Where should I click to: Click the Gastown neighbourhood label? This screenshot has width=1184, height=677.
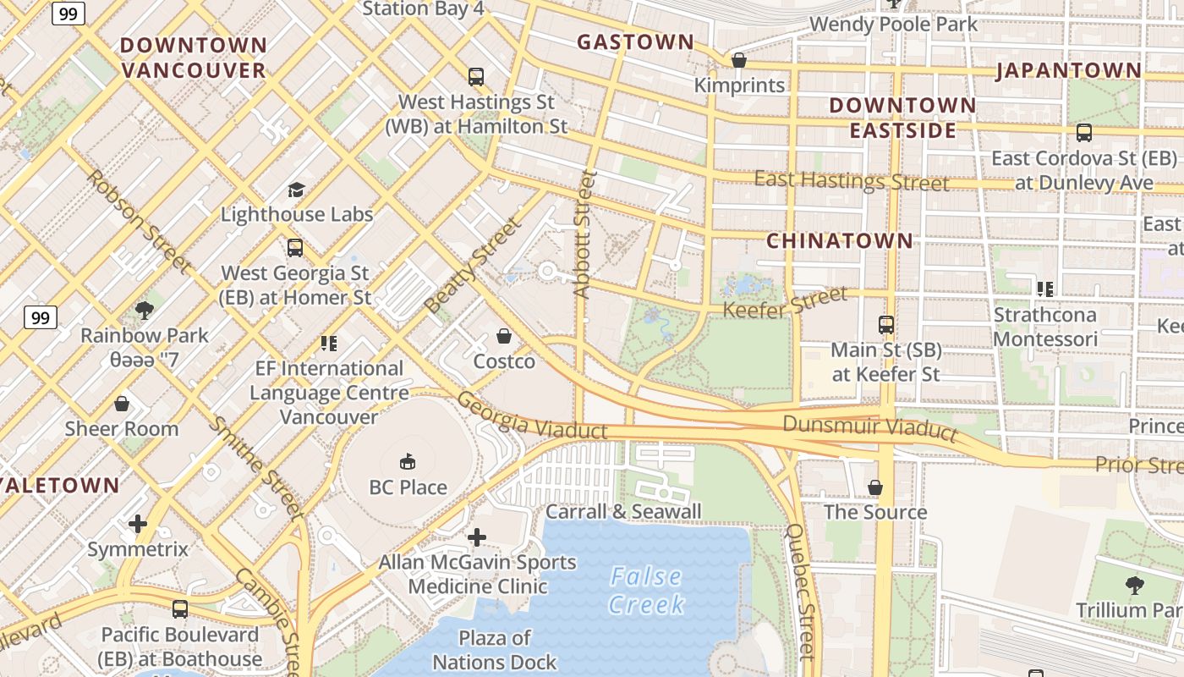635,41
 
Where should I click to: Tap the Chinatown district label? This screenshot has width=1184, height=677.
840,241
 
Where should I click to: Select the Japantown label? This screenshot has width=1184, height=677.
1069,70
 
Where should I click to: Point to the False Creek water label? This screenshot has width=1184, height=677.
646,591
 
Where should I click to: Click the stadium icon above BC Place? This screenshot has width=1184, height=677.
408,461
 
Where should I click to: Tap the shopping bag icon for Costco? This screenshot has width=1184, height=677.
504,336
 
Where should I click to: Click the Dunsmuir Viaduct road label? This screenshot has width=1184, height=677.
869,427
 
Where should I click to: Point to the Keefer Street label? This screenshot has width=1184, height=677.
784,302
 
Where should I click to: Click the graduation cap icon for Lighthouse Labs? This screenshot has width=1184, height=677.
296,189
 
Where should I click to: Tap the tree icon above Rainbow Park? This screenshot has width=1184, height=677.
144,310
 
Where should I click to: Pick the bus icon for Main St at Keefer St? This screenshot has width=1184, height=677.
885,324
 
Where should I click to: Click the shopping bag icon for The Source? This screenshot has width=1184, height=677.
875,487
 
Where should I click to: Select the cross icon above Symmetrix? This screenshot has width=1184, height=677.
138,524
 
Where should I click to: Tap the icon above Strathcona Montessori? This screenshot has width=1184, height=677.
1045,289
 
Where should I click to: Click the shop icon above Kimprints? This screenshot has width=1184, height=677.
739,60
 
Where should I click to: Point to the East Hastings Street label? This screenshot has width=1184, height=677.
852,181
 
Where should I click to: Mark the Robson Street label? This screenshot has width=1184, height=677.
138,222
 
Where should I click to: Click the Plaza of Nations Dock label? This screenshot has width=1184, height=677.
495,650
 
